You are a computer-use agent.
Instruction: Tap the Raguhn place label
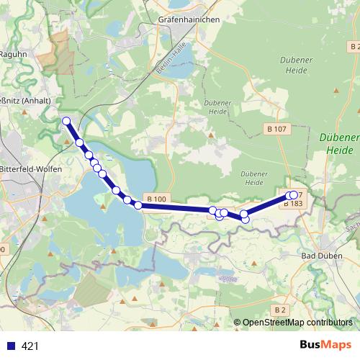click(12, 53)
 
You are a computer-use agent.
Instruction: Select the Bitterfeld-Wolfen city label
click(31, 168)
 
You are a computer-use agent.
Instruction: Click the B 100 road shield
click(156, 199)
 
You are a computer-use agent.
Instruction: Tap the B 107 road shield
click(276, 129)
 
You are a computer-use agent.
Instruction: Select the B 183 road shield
click(292, 204)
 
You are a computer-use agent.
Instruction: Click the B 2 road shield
click(280, 310)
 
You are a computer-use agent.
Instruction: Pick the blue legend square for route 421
click(11, 346)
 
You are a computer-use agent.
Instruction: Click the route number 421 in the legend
click(30, 346)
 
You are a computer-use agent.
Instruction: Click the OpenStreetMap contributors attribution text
click(297, 323)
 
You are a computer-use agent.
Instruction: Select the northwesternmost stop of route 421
click(66, 121)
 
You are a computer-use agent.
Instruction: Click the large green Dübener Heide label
click(338, 144)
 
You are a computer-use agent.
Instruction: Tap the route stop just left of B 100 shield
click(138, 206)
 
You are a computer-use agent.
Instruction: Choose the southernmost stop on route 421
click(245, 219)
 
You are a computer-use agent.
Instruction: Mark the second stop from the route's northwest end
click(80, 143)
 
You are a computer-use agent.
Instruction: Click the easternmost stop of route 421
click(294, 194)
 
